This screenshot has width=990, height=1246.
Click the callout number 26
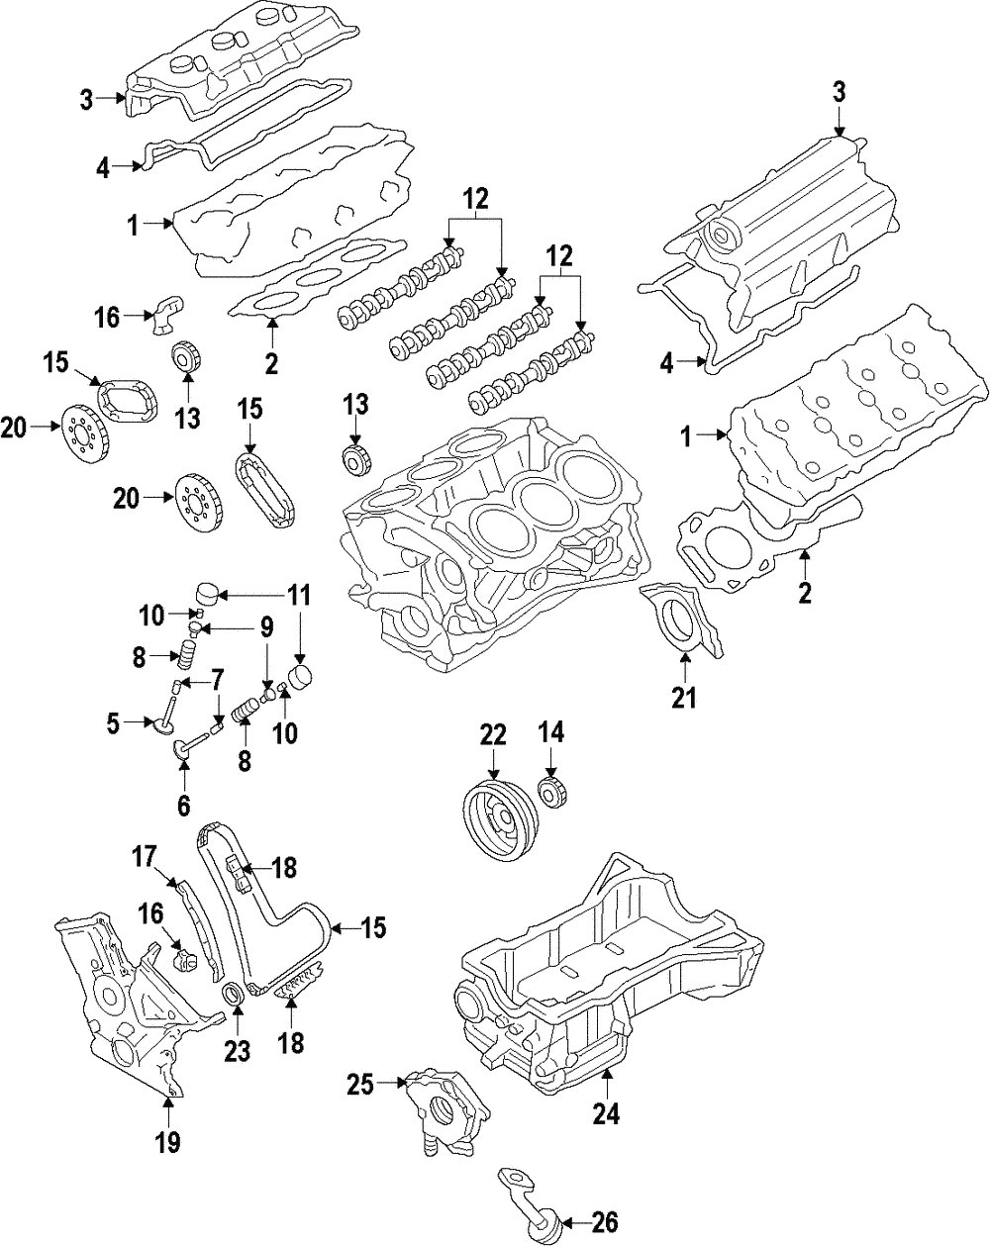604,1220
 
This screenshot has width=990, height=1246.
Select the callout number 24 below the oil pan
606,1112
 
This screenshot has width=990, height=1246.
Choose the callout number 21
684,698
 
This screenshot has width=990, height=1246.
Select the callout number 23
238,1050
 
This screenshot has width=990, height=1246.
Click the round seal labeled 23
234,995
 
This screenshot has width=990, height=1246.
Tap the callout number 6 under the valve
183,805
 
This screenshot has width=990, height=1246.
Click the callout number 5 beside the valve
113,723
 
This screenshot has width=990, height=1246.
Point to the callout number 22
492,734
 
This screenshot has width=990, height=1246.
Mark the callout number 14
550,733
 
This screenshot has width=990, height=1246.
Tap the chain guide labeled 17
200,930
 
